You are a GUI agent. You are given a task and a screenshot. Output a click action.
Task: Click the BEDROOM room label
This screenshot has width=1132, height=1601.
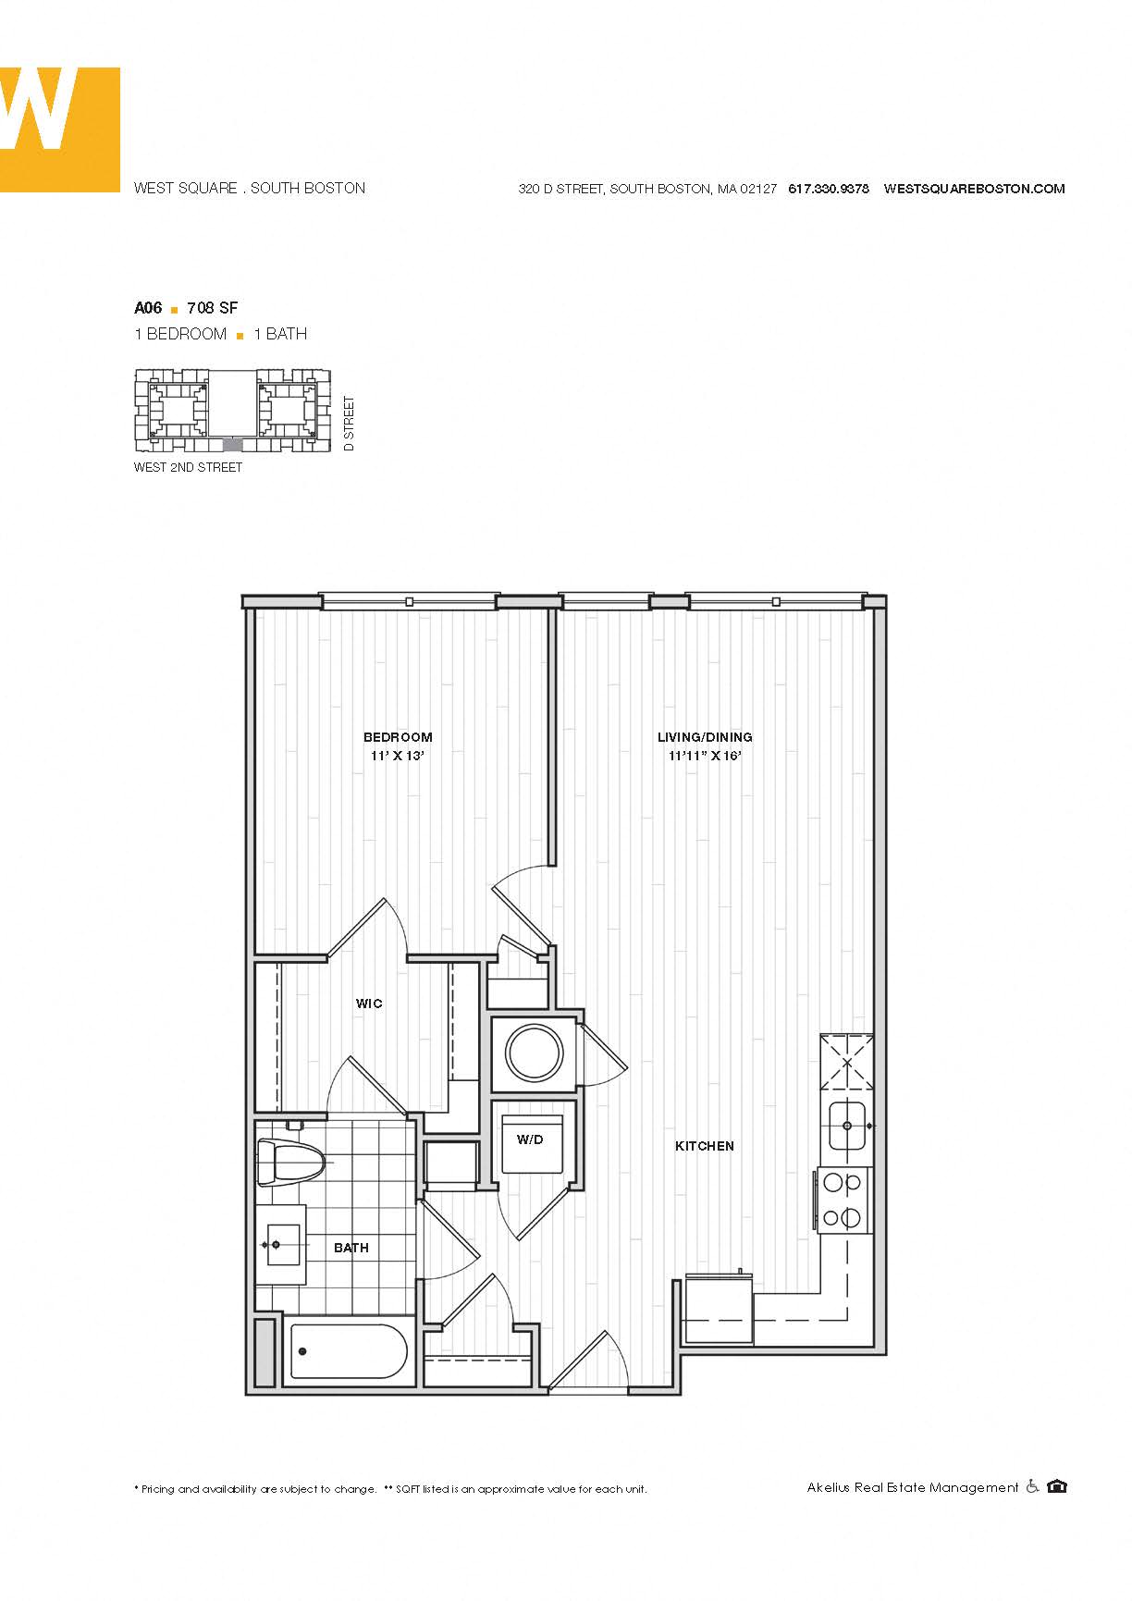coord(398,737)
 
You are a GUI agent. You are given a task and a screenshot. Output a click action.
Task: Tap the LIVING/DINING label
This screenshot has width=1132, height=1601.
coord(705,737)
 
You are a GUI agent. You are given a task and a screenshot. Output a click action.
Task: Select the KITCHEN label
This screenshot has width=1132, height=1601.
coord(705,1146)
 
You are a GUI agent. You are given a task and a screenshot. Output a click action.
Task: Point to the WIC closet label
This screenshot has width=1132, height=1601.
coord(369,1004)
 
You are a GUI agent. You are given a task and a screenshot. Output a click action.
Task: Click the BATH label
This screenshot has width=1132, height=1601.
coord(351,1248)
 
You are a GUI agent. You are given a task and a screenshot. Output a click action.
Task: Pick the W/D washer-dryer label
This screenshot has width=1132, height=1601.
coord(530,1139)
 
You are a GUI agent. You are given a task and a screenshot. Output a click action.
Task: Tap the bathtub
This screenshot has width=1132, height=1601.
coord(349,1351)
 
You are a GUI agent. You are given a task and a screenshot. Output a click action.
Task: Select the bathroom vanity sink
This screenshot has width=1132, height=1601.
coord(281,1245)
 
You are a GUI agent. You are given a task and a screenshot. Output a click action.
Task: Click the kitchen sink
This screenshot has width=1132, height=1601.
coord(847,1126)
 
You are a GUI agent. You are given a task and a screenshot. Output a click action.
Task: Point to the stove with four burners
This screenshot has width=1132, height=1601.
coord(843,1200)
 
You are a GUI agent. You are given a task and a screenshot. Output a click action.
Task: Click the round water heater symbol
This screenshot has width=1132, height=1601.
coord(535,1052)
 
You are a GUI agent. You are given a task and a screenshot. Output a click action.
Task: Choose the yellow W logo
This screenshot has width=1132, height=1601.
coord(60,129)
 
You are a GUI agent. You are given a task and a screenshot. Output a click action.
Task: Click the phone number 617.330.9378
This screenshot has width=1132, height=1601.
coord(829,189)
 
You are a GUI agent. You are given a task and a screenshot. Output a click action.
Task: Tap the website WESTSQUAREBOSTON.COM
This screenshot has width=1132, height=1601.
coord(975,189)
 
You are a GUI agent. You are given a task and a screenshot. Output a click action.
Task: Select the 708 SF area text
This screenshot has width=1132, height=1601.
coord(213,308)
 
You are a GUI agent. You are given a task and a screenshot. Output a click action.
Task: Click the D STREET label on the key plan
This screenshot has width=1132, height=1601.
coord(349,424)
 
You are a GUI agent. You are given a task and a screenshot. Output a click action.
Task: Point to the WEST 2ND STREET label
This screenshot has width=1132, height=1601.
coord(188,467)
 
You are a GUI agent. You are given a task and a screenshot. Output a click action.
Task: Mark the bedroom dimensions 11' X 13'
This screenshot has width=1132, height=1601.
coord(398,756)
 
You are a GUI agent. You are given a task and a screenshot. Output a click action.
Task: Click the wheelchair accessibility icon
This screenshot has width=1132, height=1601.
coord(1032,1486)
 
